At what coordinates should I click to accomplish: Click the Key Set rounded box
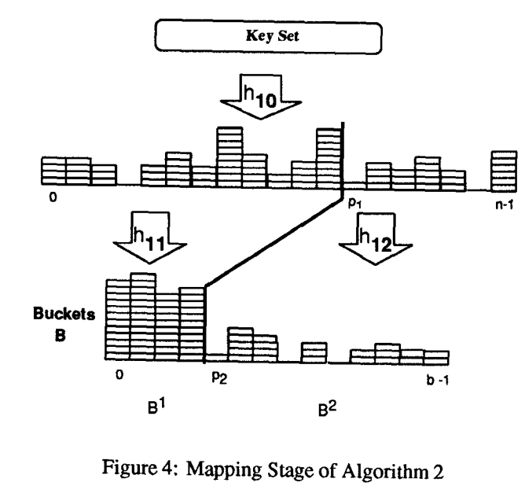point(269,36)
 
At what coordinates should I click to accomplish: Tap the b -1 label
point(435,374)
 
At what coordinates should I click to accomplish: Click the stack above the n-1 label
point(502,171)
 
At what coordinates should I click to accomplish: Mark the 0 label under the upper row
point(53,197)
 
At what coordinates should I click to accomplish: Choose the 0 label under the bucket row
point(119,374)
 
